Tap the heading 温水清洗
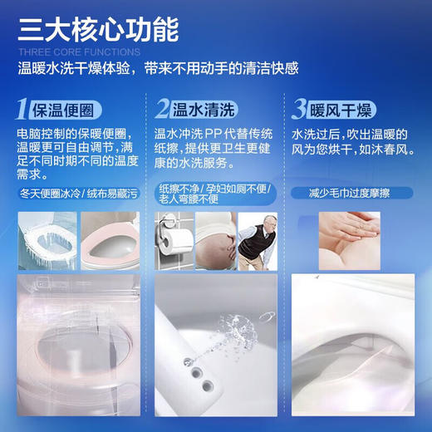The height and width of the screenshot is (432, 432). click(x=203, y=109)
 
